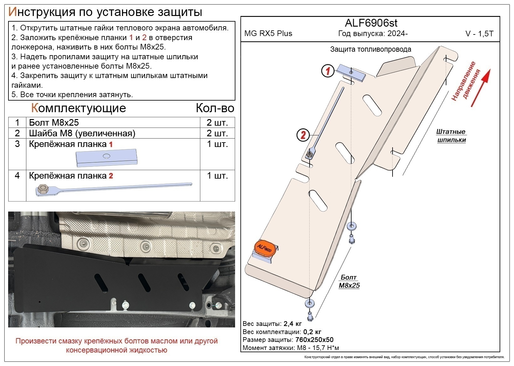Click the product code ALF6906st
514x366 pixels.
(371, 23)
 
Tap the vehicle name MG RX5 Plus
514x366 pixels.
(268, 34)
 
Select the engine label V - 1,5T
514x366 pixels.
(479, 34)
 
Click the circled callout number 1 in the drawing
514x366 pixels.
(328, 71)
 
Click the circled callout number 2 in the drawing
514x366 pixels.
(303, 135)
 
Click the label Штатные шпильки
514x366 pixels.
(451, 136)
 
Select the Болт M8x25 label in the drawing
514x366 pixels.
(349, 281)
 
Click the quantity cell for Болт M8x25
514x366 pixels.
(217, 122)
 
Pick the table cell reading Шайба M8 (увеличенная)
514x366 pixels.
(82, 133)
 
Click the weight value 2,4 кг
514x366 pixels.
(292, 324)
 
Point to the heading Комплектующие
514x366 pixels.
(79, 108)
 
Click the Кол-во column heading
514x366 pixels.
(215, 108)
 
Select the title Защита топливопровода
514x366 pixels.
(371, 49)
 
